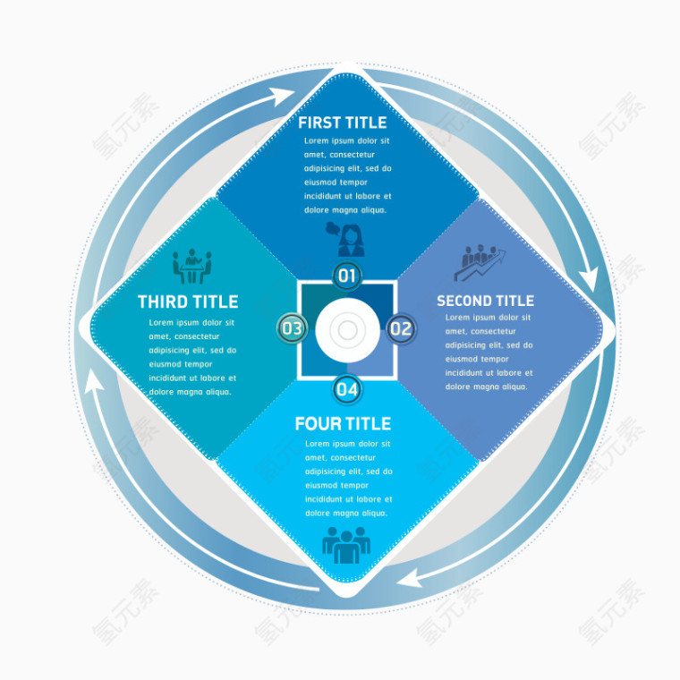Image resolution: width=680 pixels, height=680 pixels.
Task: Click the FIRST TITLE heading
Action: [342, 123]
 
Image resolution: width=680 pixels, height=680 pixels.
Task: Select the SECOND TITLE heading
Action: [485, 301]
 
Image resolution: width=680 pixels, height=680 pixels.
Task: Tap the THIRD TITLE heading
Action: [188, 302]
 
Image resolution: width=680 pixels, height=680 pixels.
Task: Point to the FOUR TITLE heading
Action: [343, 424]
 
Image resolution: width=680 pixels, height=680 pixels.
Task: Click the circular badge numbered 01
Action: [347, 276]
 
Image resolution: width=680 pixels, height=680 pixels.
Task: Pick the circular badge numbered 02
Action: [401, 328]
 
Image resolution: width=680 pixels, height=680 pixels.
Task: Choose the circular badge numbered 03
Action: [292, 328]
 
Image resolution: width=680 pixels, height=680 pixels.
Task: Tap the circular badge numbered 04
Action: [347, 389]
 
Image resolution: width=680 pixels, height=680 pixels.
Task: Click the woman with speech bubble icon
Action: [345, 239]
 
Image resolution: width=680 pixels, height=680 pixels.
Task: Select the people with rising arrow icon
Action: [480, 262]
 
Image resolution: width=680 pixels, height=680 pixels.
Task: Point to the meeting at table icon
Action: [192, 267]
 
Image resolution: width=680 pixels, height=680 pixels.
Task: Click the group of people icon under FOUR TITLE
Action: [346, 545]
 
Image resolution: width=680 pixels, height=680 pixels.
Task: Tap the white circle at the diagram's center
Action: [347, 330]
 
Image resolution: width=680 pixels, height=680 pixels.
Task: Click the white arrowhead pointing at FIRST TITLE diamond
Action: [283, 96]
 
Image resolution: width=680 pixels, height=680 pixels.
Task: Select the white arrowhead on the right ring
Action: [589, 279]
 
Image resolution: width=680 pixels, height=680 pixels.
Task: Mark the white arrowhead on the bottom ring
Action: [410, 579]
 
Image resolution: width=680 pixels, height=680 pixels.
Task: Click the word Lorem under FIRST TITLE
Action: [316, 141]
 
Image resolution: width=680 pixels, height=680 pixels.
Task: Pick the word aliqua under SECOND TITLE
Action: [514, 387]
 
